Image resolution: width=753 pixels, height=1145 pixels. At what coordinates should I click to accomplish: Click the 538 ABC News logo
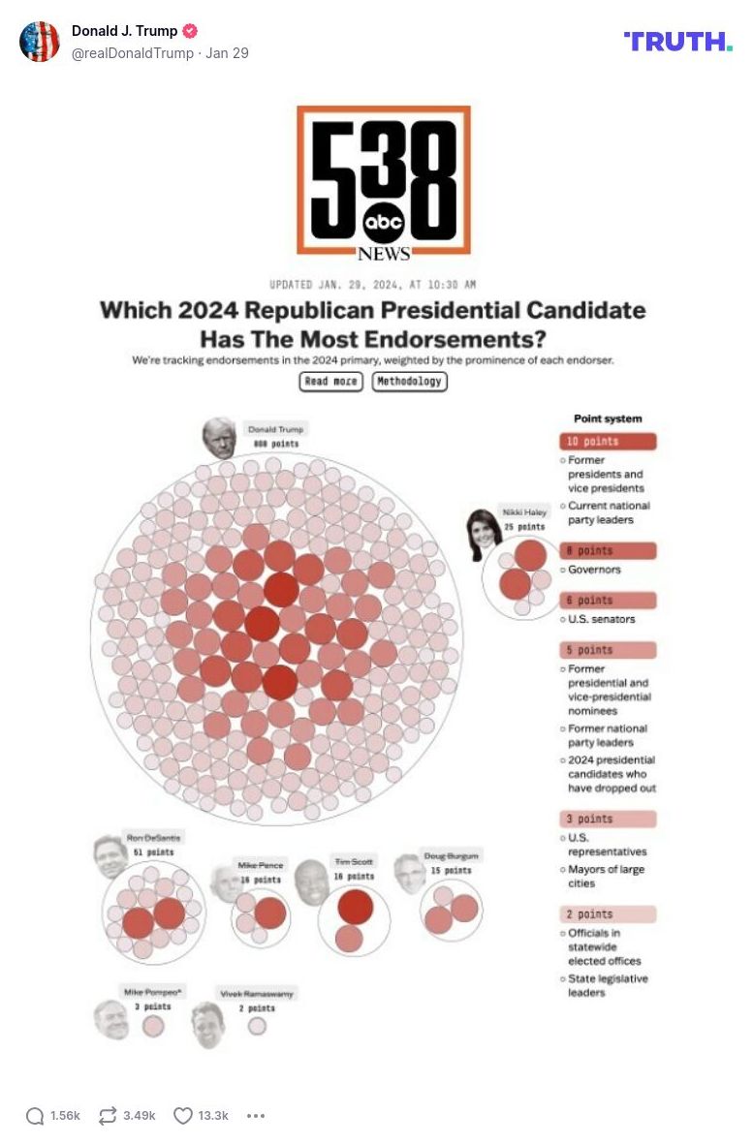pos(384,182)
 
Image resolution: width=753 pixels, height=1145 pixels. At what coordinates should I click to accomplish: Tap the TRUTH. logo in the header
pos(677,42)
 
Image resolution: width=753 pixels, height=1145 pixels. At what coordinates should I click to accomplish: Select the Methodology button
pos(409,382)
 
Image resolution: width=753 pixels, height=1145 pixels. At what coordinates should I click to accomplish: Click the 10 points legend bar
pos(608,442)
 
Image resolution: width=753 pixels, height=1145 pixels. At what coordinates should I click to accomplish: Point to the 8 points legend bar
pos(608,551)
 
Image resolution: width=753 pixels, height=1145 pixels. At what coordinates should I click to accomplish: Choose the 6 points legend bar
pos(608,601)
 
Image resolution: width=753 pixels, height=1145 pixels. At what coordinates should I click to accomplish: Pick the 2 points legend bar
pos(608,914)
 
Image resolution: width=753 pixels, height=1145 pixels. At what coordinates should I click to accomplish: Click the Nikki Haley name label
pos(524,511)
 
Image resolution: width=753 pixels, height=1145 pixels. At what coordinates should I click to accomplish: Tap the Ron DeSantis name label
pos(153,837)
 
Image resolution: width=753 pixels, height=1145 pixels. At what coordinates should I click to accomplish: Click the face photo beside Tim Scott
pos(312,882)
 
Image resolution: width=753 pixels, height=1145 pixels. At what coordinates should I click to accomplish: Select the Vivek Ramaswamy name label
pos(257,994)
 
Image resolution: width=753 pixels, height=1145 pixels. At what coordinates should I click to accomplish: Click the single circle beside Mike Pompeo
pos(153,1026)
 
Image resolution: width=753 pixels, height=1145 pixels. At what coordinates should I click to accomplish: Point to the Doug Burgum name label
pos(452,856)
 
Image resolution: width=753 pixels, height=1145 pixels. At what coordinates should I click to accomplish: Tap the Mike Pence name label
pos(261,865)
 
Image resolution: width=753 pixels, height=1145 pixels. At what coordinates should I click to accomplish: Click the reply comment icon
pos(35,1116)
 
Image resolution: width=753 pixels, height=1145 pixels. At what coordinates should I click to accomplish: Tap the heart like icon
pos(183,1116)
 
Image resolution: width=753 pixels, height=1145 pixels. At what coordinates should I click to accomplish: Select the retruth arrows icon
pos(108,1116)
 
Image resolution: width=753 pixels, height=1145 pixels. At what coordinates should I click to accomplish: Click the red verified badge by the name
pos(191,31)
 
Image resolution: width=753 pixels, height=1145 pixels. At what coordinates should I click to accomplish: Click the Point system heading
pos(608,418)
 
